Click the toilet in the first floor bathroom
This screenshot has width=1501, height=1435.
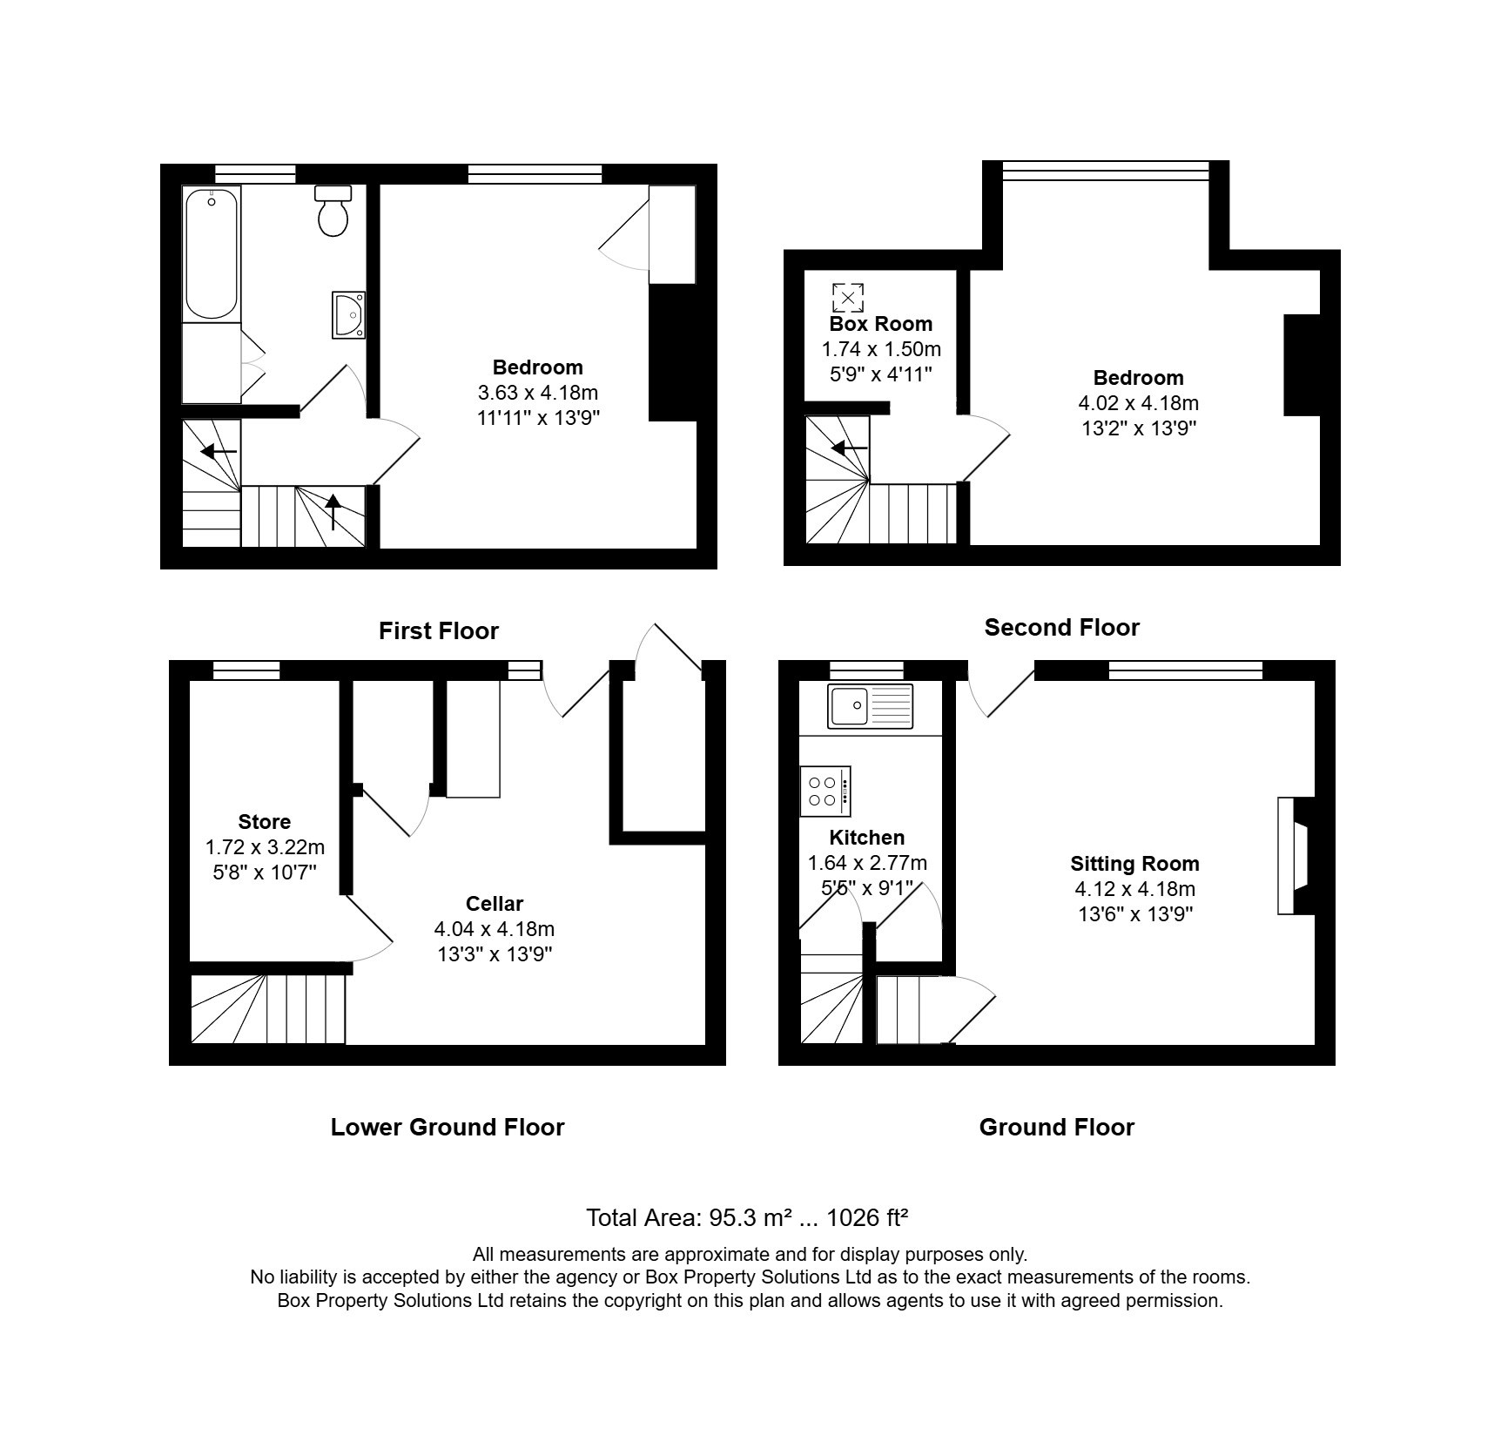(333, 212)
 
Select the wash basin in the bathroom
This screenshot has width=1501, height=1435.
(350, 314)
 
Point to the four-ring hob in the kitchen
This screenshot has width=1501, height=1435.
(825, 791)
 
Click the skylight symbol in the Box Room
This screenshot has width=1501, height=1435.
(848, 297)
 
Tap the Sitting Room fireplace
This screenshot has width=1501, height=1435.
(1294, 855)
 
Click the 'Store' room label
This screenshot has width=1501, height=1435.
(265, 822)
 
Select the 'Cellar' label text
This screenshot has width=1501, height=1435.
(495, 904)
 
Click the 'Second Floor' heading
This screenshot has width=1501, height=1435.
(1061, 628)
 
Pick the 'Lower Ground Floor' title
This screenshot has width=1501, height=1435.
(448, 1128)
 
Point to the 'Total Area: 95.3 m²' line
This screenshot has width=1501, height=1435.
(747, 1217)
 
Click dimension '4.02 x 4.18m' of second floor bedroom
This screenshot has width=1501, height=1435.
(1138, 403)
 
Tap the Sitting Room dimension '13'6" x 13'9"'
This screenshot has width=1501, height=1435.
(1134, 914)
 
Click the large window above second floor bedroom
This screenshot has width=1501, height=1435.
(1106, 171)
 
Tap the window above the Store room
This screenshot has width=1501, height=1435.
(246, 670)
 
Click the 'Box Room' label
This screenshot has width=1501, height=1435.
(880, 324)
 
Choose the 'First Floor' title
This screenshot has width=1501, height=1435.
(439, 631)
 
